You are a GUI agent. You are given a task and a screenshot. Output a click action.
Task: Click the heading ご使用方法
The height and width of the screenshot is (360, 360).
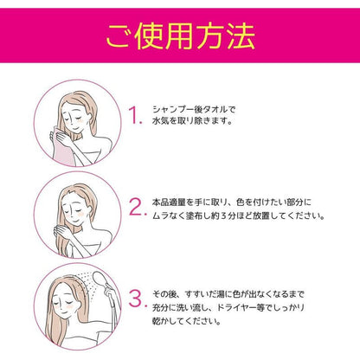[179, 38]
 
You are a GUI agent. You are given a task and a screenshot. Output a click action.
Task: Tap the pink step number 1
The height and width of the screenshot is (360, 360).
[134, 118]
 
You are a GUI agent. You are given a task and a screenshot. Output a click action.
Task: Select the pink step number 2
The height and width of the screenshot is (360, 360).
[136, 208]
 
